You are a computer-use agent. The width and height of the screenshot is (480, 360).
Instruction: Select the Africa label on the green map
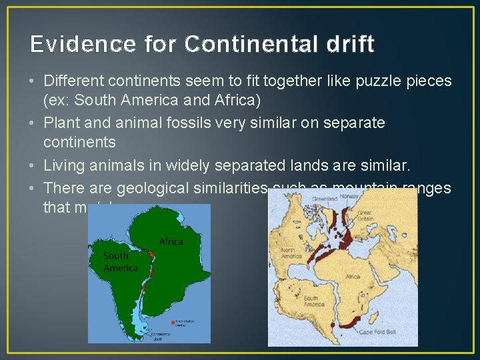(x=171, y=241)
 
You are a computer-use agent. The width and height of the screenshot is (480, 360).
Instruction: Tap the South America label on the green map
(x=120, y=261)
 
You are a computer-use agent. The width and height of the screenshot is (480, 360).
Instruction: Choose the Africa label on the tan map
(x=352, y=276)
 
